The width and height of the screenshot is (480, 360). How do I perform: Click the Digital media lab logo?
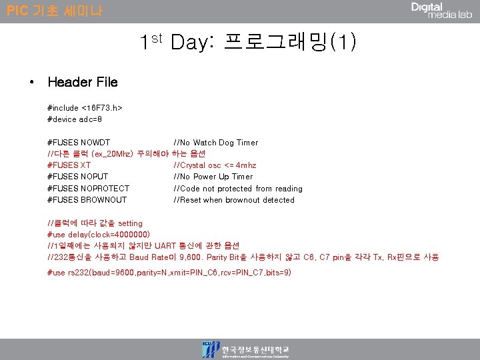tap(441, 11)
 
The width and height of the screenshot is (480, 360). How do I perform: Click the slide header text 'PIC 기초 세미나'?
tap(55, 11)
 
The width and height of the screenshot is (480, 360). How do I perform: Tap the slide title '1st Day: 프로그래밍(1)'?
tap(248, 43)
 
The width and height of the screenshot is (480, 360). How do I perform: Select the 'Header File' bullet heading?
tap(83, 82)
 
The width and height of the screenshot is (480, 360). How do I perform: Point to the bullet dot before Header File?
tap(32, 83)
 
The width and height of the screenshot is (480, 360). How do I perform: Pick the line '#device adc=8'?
tap(75, 119)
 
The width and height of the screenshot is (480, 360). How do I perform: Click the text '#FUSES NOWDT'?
tap(79, 143)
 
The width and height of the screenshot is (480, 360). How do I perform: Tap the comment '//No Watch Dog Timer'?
tap(215, 143)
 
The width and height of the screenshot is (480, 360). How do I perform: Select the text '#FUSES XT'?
tap(69, 165)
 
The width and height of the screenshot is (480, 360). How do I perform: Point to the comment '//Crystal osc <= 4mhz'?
tap(215, 165)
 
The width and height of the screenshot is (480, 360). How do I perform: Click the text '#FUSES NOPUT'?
tap(77, 177)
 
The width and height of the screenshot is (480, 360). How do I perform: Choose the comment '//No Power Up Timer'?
tap(213, 177)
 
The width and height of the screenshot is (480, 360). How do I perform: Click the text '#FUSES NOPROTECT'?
tap(88, 189)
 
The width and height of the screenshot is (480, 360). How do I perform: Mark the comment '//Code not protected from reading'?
tap(237, 189)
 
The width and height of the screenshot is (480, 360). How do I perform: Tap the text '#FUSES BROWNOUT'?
tap(87, 200)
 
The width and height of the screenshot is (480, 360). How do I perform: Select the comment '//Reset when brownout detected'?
tap(233, 200)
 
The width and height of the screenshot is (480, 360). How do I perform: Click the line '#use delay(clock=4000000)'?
tap(99, 235)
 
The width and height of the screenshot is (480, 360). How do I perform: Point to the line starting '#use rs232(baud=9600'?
tap(169, 273)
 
